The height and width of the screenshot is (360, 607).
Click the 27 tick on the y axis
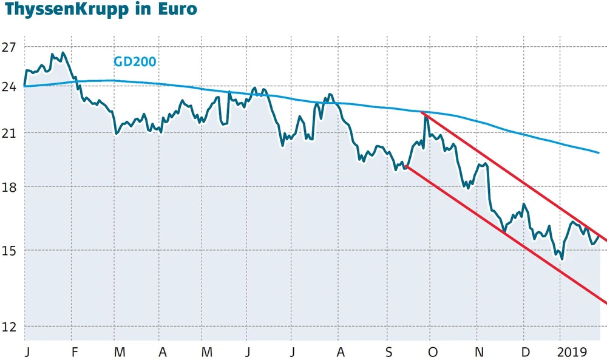[9, 47]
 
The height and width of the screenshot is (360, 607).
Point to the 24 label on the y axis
[9, 86]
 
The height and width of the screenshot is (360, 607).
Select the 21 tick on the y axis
[9, 133]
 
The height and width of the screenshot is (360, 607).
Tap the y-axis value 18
[9, 188]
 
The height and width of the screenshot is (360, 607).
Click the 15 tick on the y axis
[9, 251]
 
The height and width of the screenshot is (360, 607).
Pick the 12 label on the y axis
[9, 327]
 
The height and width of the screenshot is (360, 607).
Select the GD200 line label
[135, 61]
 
